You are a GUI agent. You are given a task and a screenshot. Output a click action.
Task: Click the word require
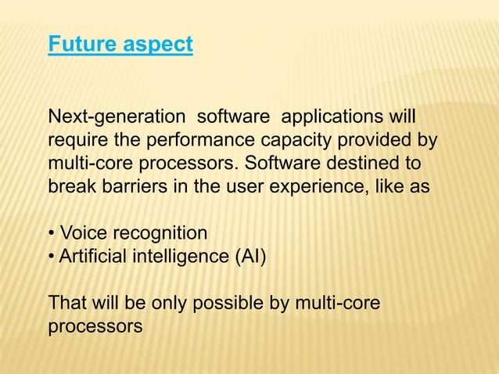coord(74,142)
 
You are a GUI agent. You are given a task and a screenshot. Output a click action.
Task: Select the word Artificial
coord(91,256)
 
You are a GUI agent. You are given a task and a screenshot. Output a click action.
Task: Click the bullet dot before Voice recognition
coord(52,234)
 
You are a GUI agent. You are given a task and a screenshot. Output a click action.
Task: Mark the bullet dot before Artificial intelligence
coord(52,257)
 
